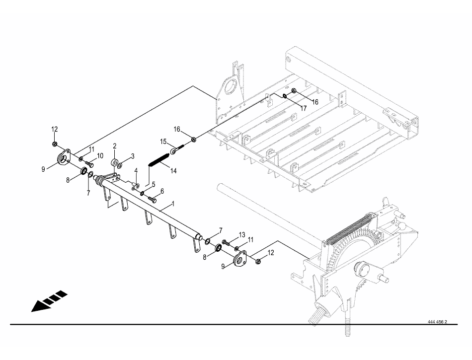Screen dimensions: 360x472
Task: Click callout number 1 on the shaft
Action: (173, 204)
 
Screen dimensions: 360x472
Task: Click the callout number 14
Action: (173, 171)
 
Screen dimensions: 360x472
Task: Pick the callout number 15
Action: (162, 142)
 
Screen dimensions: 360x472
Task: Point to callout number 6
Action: (162, 191)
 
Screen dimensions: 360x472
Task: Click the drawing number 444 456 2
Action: (437, 322)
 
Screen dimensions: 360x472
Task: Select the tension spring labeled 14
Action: (158, 162)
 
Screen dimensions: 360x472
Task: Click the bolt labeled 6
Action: (153, 199)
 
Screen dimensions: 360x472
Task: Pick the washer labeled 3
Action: (120, 162)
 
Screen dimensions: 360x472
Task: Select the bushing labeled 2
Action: (114, 162)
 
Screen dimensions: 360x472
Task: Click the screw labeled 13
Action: (225, 243)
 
